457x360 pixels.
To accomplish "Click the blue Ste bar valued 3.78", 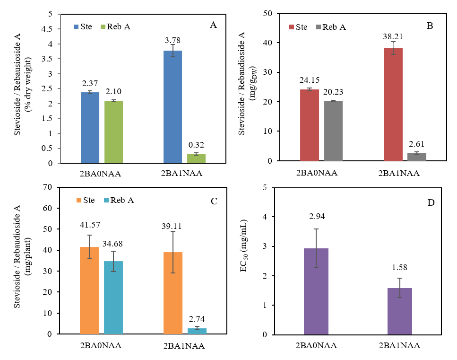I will tap(172, 107).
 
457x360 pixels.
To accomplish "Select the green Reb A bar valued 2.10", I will tap(113, 132).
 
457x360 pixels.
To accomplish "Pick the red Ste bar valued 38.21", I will tap(393, 104).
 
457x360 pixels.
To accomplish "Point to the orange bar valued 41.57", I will tap(89, 290).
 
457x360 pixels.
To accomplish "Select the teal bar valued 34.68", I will tap(113, 298).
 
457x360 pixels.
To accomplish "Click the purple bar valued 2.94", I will tap(317, 291).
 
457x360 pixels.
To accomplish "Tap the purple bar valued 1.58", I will tap(399, 311).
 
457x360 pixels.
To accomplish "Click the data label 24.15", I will tap(310, 80).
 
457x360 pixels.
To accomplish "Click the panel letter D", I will tap(431, 202).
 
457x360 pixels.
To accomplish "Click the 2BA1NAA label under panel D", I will tap(399, 345).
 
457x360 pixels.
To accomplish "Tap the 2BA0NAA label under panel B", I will tap(317, 173).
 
